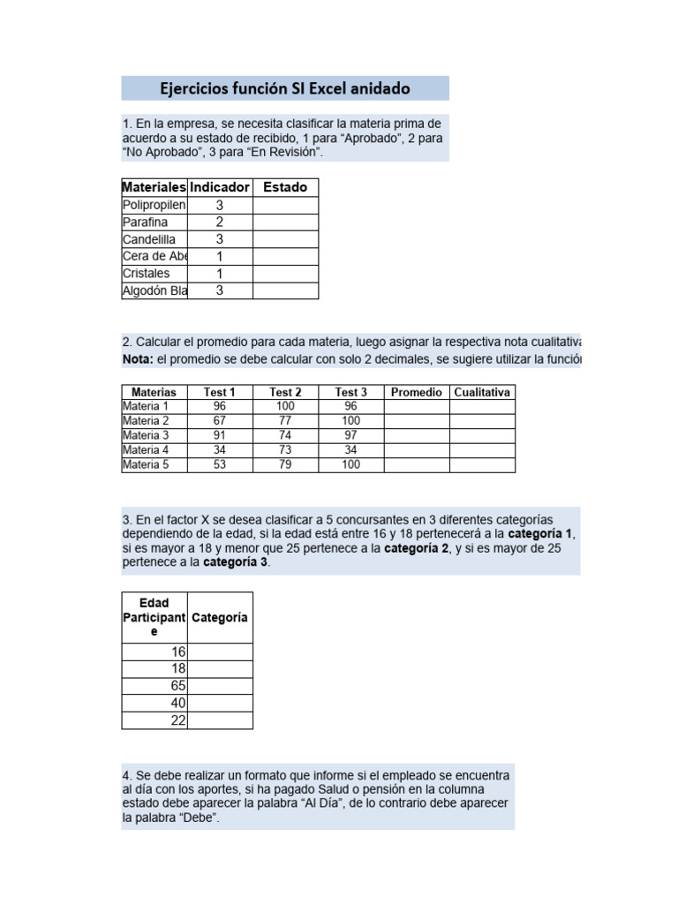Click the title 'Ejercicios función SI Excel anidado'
pyautogui.click(x=284, y=88)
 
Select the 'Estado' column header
pyautogui.click(x=285, y=187)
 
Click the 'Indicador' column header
pyautogui.click(x=220, y=187)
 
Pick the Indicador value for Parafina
pyautogui.click(x=220, y=222)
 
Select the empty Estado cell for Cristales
pyautogui.click(x=285, y=274)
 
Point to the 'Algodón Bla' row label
pyautogui.click(x=154, y=290)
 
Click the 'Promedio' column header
pyautogui.click(x=416, y=392)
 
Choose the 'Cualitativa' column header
pyautogui.click(x=482, y=392)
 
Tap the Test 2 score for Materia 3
pyautogui.click(x=285, y=435)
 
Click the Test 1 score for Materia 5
pyautogui.click(x=220, y=464)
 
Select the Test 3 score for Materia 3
pyautogui.click(x=350, y=435)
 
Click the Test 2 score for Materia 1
pyautogui.click(x=285, y=406)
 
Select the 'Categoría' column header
pyautogui.click(x=220, y=618)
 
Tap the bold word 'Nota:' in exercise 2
pyautogui.click(x=138, y=359)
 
